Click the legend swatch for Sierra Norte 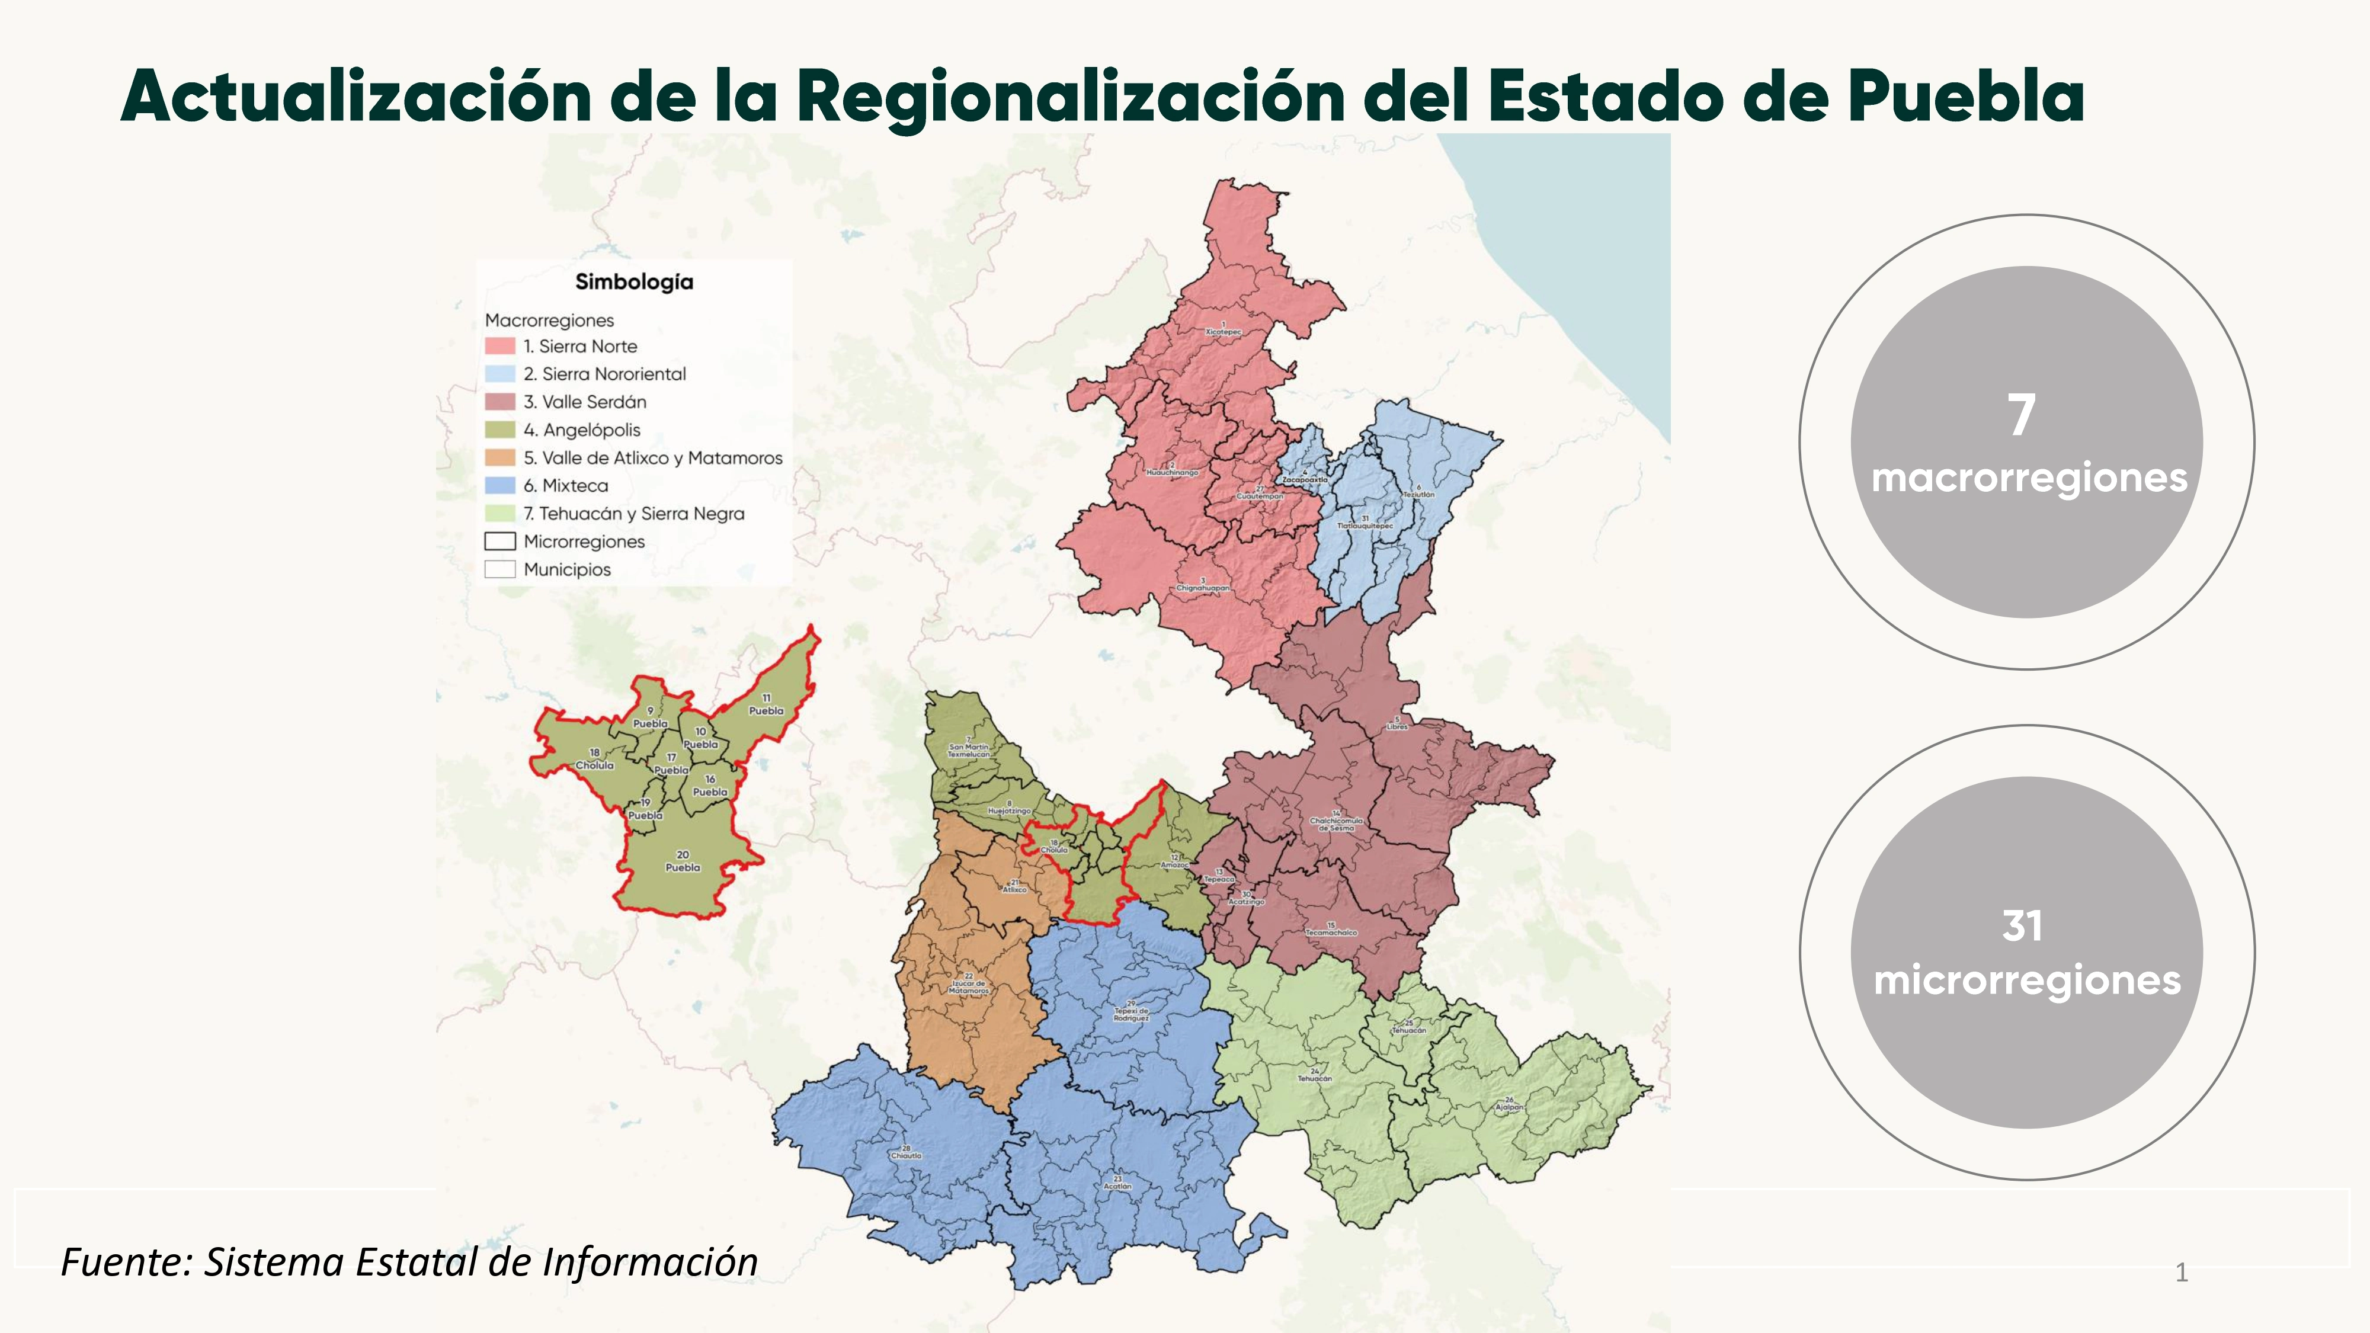pyautogui.click(x=499, y=346)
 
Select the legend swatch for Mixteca pyautogui.click(x=499, y=486)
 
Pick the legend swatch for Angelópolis pyautogui.click(x=499, y=430)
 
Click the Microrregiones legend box pyautogui.click(x=499, y=541)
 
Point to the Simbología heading pyautogui.click(x=634, y=281)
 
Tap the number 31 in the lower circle pyautogui.click(x=2021, y=925)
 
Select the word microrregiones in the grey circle pyautogui.click(x=2027, y=980)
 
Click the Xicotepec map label pyautogui.click(x=1224, y=331)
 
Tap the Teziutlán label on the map pyautogui.click(x=1418, y=494)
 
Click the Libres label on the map pyautogui.click(x=1397, y=726)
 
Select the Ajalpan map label pyautogui.click(x=1509, y=1107)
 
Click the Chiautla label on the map pyautogui.click(x=907, y=1155)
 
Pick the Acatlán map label pyautogui.click(x=1117, y=1186)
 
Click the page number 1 pyautogui.click(x=2180, y=1273)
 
